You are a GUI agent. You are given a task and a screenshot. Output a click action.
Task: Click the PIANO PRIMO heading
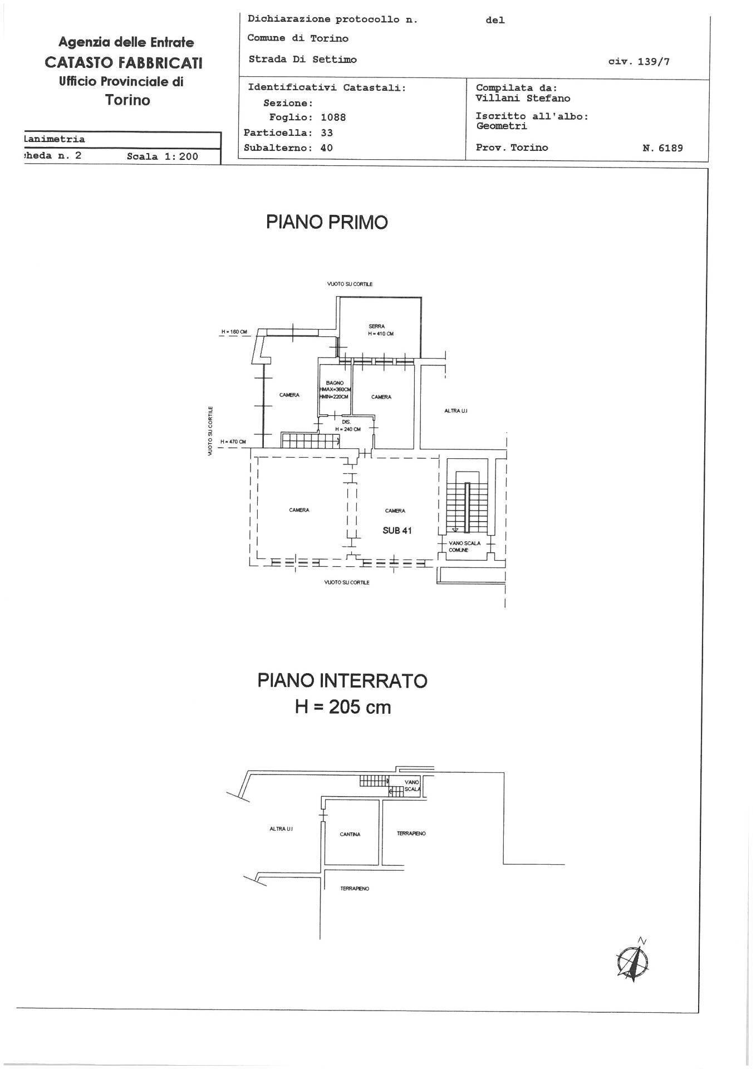click(x=327, y=222)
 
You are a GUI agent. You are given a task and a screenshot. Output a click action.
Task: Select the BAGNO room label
click(x=335, y=383)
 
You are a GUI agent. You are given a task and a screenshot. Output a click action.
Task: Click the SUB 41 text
click(x=397, y=531)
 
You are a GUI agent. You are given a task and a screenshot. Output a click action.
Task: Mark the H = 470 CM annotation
click(x=233, y=442)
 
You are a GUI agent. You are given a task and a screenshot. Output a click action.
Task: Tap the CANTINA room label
click(x=350, y=834)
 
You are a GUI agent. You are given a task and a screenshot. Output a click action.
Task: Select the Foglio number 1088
click(x=333, y=117)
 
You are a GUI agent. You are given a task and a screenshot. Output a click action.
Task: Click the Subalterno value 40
click(x=326, y=148)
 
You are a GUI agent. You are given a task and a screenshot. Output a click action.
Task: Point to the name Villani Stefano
click(x=523, y=98)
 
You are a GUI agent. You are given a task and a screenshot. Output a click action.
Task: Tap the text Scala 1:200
click(x=162, y=156)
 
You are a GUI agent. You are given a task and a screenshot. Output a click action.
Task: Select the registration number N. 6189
click(x=662, y=148)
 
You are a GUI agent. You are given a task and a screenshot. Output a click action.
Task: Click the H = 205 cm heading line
click(x=342, y=707)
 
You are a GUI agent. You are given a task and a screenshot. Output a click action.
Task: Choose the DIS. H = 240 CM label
click(x=347, y=426)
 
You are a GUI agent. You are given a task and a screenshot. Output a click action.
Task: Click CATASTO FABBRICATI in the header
click(x=124, y=62)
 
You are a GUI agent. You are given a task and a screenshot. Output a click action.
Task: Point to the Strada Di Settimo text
click(x=302, y=60)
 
